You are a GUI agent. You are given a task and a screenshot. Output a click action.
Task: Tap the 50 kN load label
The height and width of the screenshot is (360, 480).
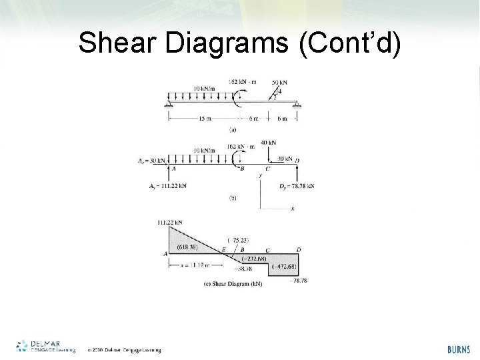[280, 82]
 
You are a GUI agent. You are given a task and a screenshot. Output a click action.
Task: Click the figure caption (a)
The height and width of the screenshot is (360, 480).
[233, 129]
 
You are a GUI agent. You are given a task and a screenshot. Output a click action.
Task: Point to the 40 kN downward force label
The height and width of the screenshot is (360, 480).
[269, 143]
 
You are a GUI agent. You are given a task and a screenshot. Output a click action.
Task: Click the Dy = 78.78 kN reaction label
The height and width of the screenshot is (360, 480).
[297, 185]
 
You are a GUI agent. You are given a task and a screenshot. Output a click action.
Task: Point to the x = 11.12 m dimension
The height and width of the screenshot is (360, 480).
[194, 266]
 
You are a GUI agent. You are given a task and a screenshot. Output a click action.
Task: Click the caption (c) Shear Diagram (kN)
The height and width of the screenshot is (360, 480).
[233, 283]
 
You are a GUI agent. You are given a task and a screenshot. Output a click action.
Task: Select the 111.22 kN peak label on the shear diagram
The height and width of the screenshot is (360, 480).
[171, 222]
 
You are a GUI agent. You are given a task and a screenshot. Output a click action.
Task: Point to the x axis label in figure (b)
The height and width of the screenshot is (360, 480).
[292, 209]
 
